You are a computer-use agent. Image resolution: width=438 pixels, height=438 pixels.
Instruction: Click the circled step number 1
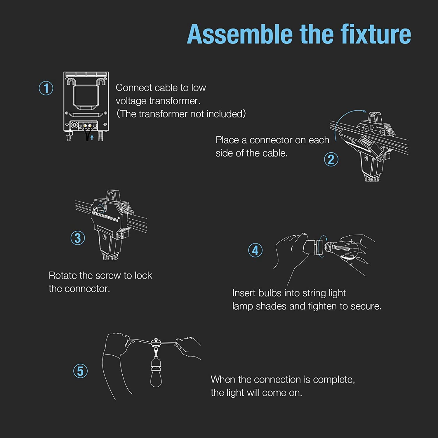pos(46,88)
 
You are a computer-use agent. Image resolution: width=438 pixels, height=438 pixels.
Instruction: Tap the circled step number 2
pos(331,160)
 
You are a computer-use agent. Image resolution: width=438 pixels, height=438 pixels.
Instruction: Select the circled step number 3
pos(78,238)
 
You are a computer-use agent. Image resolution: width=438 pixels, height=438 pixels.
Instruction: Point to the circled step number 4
pos(255,251)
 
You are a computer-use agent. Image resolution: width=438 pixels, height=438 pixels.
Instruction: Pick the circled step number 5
pos(80,371)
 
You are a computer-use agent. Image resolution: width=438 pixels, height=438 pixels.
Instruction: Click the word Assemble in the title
pos(240,34)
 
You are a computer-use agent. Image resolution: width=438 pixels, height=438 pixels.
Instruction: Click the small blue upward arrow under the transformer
pos(92,137)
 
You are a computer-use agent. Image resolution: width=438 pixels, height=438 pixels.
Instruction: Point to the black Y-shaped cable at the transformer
pos(87,135)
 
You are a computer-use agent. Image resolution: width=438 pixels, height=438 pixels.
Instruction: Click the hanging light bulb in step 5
pos(156,377)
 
